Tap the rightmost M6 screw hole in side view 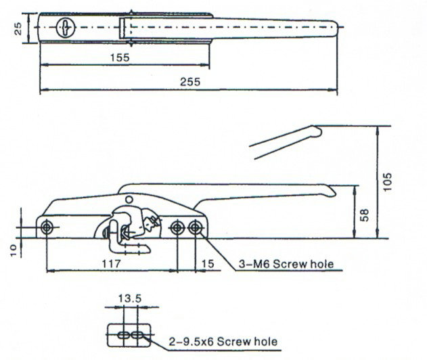(196, 227)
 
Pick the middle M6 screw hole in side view (177, 227)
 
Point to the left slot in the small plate (123, 336)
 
